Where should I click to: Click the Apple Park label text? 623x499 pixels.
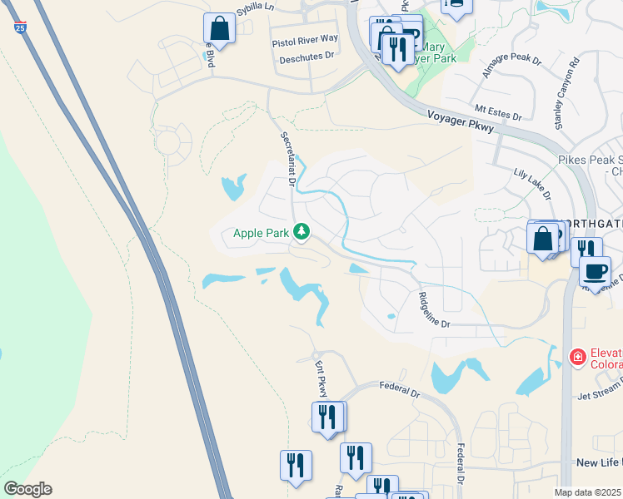(x=261, y=233)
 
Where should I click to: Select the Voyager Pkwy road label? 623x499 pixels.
(x=461, y=122)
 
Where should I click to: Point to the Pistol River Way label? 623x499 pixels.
(x=305, y=39)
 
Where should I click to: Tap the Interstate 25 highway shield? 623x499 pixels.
(x=19, y=27)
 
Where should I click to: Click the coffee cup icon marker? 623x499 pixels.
(x=595, y=272)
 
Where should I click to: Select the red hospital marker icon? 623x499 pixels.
(x=576, y=357)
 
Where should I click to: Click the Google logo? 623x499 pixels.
(x=27, y=489)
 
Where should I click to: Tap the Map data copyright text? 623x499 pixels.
(x=588, y=492)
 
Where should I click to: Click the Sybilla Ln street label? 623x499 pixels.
(x=255, y=7)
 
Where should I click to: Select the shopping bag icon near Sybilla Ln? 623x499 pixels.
(x=219, y=28)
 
